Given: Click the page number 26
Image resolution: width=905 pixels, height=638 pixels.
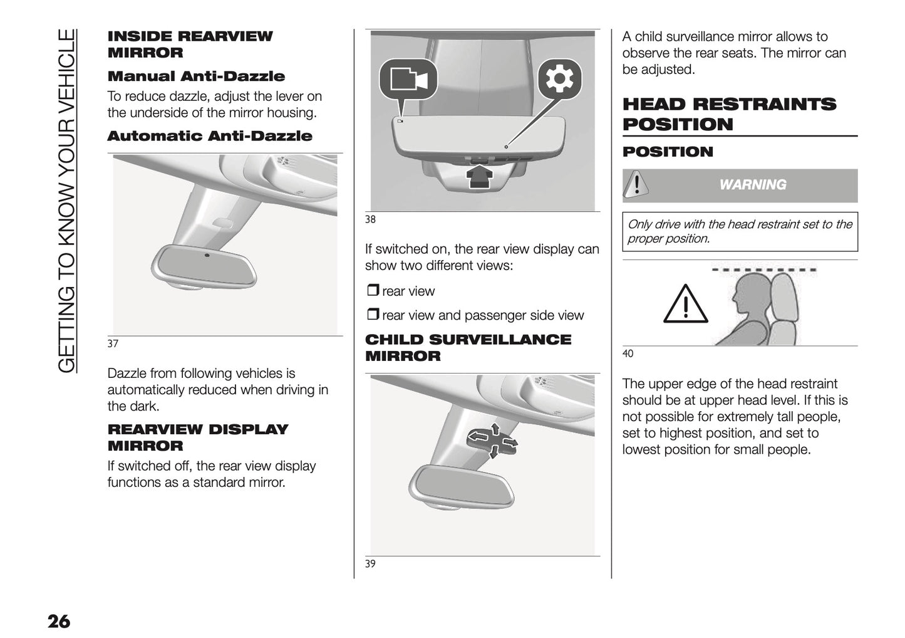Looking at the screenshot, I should [x=59, y=622].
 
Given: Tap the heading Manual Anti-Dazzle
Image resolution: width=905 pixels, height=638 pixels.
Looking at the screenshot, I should [x=196, y=76].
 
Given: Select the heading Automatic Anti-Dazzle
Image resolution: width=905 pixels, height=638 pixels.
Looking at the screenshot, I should [x=209, y=136].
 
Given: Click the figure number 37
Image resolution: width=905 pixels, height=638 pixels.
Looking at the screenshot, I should [x=113, y=343].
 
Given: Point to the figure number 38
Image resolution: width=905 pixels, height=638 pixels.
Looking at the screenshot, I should [x=370, y=219].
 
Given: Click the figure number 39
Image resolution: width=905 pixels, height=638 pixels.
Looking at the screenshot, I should [x=370, y=563].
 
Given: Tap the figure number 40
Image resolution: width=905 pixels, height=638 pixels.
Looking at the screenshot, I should [x=628, y=353].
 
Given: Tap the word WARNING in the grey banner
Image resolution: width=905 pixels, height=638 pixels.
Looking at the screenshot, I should [x=752, y=185].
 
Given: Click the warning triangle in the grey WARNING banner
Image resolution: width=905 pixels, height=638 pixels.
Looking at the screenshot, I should [x=636, y=185].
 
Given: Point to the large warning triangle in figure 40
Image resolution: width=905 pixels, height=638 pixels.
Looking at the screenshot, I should [x=685, y=305].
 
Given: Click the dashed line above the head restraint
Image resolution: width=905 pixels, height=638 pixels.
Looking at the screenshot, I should [x=764, y=270].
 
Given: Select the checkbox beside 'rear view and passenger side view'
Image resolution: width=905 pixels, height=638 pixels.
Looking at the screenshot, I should [x=373, y=315].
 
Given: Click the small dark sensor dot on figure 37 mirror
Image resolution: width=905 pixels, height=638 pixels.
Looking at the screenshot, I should [x=207, y=255].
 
